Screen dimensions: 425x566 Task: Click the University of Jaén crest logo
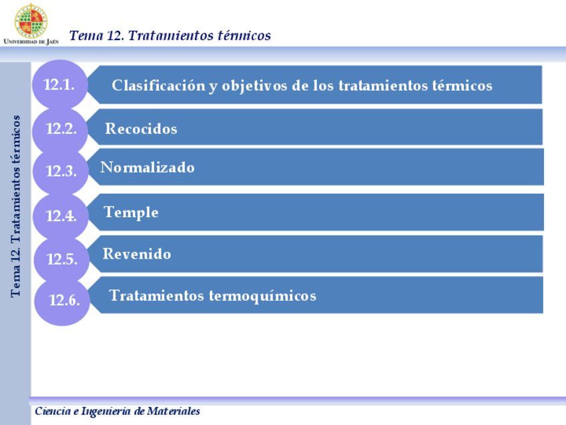pyautogui.click(x=31, y=20)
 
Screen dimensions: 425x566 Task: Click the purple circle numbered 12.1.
pyautogui.click(x=60, y=84)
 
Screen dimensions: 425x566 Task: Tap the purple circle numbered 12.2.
pyautogui.click(x=61, y=129)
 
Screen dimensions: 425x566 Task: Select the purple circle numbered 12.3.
pyautogui.click(x=61, y=170)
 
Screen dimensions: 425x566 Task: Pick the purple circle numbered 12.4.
pyautogui.click(x=61, y=216)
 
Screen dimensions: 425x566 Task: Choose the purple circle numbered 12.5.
pyautogui.click(x=61, y=259)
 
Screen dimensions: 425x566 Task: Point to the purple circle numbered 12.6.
pyautogui.click(x=63, y=300)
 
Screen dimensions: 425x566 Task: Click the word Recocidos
pyautogui.click(x=141, y=129)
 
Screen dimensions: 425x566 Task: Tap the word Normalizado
pyautogui.click(x=148, y=167)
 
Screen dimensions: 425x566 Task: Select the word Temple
pyautogui.click(x=131, y=212)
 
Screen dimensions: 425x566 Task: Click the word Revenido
pyautogui.click(x=137, y=254)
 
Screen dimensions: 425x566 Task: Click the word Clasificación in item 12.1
pyautogui.click(x=158, y=86)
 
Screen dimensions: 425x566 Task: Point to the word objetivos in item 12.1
pyautogui.click(x=255, y=86)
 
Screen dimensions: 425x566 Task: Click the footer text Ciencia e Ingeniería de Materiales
pyautogui.click(x=117, y=412)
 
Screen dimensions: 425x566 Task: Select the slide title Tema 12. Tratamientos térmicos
pyautogui.click(x=170, y=35)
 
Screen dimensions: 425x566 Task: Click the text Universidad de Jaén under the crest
pyautogui.click(x=31, y=41)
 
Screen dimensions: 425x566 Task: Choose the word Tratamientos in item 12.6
pyautogui.click(x=157, y=295)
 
